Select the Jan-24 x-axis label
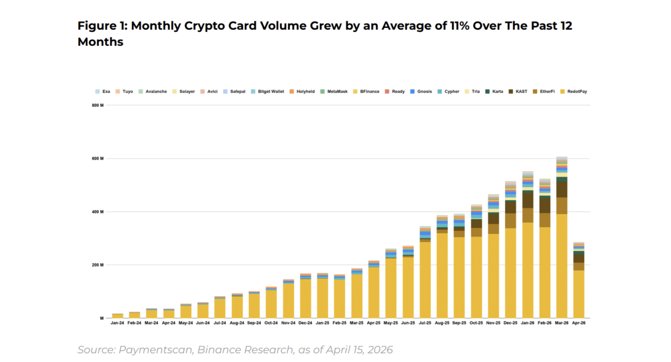[117, 323]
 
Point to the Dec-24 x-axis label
[305, 323]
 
